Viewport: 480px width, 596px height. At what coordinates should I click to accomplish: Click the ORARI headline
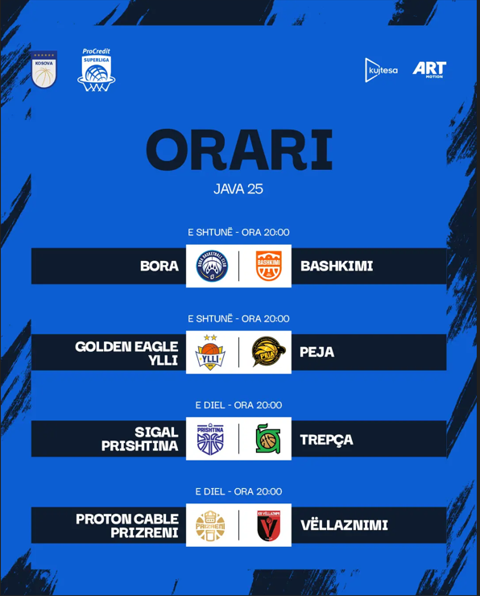pyautogui.click(x=239, y=149)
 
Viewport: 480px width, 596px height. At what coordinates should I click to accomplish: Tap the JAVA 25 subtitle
pyautogui.click(x=238, y=189)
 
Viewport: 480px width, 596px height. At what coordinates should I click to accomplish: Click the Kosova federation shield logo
pyautogui.click(x=44, y=69)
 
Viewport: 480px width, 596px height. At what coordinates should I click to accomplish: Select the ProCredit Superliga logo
pyautogui.click(x=96, y=69)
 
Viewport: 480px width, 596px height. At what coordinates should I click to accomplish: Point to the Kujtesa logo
pyautogui.click(x=381, y=70)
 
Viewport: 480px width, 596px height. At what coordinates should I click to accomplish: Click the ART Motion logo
pyautogui.click(x=429, y=69)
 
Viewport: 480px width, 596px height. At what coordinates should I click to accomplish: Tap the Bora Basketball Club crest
pyautogui.click(x=212, y=266)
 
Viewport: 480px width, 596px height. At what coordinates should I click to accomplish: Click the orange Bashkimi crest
pyautogui.click(x=269, y=266)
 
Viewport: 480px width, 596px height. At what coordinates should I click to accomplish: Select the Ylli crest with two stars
pyautogui.click(x=210, y=352)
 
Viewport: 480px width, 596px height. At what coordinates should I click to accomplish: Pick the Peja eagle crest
pyautogui.click(x=269, y=352)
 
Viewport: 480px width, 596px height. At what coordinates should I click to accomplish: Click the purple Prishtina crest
pyautogui.click(x=210, y=440)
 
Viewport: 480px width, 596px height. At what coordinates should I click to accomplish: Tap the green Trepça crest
pyautogui.click(x=268, y=439)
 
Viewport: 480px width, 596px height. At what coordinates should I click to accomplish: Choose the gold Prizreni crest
pyautogui.click(x=210, y=526)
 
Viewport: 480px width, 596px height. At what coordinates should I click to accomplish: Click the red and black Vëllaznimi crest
pyautogui.click(x=269, y=526)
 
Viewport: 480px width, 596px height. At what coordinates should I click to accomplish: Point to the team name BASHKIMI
pyautogui.click(x=337, y=266)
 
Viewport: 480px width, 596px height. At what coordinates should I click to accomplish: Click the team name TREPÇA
pyautogui.click(x=326, y=440)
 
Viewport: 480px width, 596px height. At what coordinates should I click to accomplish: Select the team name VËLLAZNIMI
pyautogui.click(x=344, y=525)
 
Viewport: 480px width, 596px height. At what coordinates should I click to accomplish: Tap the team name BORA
pyautogui.click(x=159, y=266)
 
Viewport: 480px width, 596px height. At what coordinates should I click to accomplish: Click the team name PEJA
pyautogui.click(x=317, y=352)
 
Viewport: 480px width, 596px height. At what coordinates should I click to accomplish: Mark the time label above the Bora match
pyautogui.click(x=238, y=232)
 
